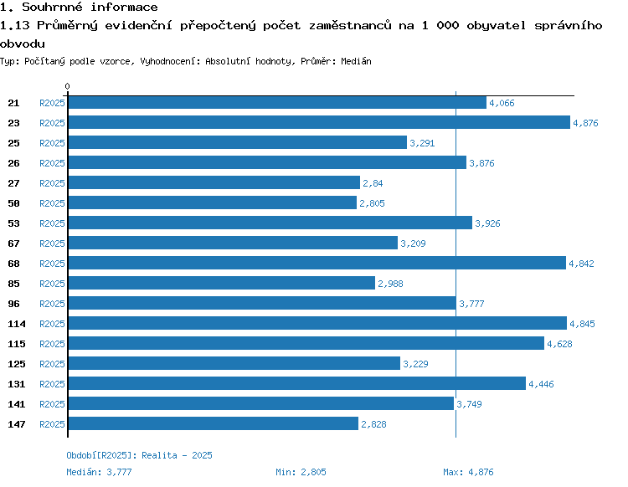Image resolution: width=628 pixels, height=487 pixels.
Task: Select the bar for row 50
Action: tap(212, 203)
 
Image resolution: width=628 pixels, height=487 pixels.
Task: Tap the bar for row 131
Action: tap(296, 384)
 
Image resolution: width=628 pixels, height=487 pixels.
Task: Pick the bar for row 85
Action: tap(221, 284)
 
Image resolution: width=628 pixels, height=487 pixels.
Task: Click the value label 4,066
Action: tap(502, 103)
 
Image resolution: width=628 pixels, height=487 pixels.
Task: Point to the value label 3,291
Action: tap(422, 143)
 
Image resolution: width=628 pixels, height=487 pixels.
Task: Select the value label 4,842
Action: tap(581, 264)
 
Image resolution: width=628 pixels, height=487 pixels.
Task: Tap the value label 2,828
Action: tap(373, 424)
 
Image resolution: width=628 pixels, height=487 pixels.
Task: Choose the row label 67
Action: tap(13, 243)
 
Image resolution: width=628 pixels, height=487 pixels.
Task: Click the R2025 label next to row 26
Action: tap(52, 163)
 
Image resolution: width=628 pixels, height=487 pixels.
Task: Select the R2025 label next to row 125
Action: tap(52, 364)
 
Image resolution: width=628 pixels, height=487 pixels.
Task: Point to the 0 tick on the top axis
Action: tap(67, 86)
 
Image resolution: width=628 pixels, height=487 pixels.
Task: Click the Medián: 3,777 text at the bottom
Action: tap(99, 472)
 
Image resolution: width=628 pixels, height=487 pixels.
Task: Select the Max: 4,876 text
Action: tap(468, 472)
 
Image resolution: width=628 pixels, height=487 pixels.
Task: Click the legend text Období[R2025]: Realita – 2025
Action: tap(139, 455)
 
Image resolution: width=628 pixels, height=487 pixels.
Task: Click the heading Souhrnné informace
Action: tap(90, 8)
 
